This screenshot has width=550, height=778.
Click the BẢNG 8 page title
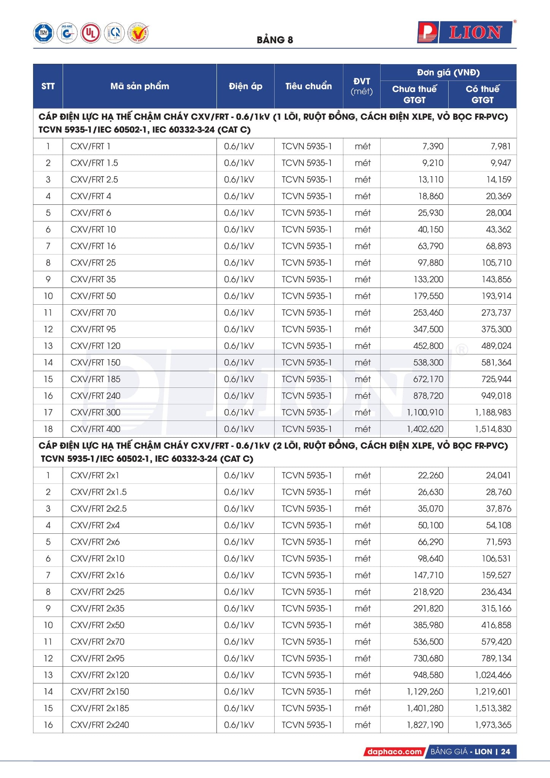tap(275, 40)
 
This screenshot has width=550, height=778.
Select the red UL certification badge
tap(90, 33)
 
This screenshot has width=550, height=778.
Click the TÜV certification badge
tap(43, 33)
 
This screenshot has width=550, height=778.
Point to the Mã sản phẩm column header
tap(139, 86)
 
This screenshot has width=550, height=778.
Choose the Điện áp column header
tap(245, 86)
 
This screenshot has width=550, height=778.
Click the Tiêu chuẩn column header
tap(308, 86)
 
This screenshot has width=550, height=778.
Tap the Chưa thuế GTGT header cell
tap(414, 94)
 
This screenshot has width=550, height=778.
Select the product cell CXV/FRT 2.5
tap(94, 180)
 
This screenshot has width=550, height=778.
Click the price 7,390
tap(433, 146)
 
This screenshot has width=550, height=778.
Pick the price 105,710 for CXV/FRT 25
tap(496, 263)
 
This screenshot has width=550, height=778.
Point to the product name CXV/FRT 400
tap(95, 429)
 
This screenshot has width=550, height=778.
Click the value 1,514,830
tap(493, 429)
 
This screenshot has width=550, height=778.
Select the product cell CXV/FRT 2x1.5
tap(98, 492)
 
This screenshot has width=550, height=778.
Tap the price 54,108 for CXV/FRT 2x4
tap(498, 525)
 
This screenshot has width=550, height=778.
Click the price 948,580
tap(428, 675)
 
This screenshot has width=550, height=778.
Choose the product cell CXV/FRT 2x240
tap(100, 725)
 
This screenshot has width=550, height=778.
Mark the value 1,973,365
tap(493, 725)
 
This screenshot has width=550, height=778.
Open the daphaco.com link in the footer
tap(394, 751)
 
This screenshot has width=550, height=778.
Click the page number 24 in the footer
tap(506, 751)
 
